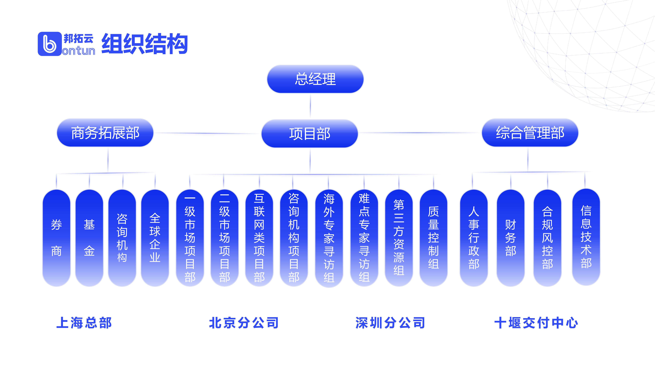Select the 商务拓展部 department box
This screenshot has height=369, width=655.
105,133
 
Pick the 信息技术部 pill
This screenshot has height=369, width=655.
586,237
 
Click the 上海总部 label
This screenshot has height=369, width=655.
84,323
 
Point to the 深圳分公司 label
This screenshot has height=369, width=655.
390,323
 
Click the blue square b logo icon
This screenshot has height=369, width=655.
50,44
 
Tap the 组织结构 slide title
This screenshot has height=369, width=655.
144,44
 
